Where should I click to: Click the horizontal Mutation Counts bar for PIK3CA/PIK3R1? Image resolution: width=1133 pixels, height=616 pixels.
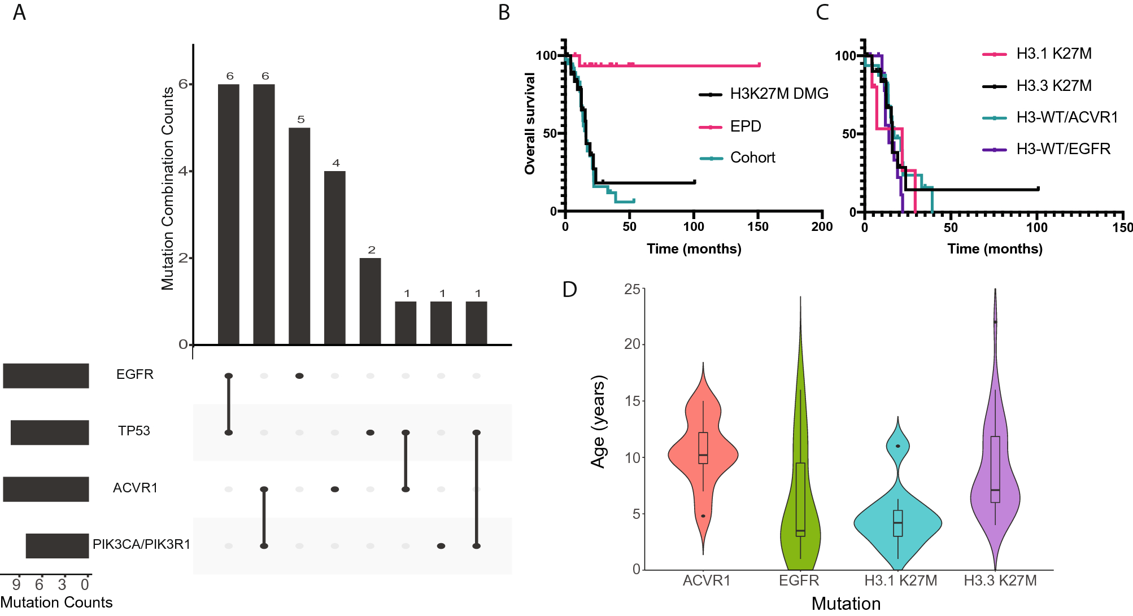(57, 545)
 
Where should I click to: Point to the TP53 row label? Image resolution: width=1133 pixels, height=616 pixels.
(134, 431)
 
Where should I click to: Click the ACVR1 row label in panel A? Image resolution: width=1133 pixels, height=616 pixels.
(135, 487)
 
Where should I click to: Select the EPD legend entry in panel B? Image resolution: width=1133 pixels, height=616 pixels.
(745, 126)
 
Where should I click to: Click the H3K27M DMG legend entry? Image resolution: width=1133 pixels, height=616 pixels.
(779, 94)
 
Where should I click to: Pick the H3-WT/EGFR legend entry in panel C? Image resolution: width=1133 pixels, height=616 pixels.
(1063, 149)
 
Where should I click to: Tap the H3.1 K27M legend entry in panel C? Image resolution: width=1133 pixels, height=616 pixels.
(1053, 54)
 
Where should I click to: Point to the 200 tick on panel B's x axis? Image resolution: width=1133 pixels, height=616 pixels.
(822, 226)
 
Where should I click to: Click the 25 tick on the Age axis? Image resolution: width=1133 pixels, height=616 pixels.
(632, 289)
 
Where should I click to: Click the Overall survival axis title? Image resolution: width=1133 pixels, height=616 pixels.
(529, 123)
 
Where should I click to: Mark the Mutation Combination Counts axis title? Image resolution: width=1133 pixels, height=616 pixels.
(168, 189)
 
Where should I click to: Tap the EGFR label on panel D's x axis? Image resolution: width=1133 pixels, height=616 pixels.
(799, 580)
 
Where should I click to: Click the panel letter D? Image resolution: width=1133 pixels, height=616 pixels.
(569, 289)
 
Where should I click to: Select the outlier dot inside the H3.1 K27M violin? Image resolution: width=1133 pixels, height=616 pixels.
(897, 446)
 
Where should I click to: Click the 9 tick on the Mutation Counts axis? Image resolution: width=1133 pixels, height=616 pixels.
(16, 585)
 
